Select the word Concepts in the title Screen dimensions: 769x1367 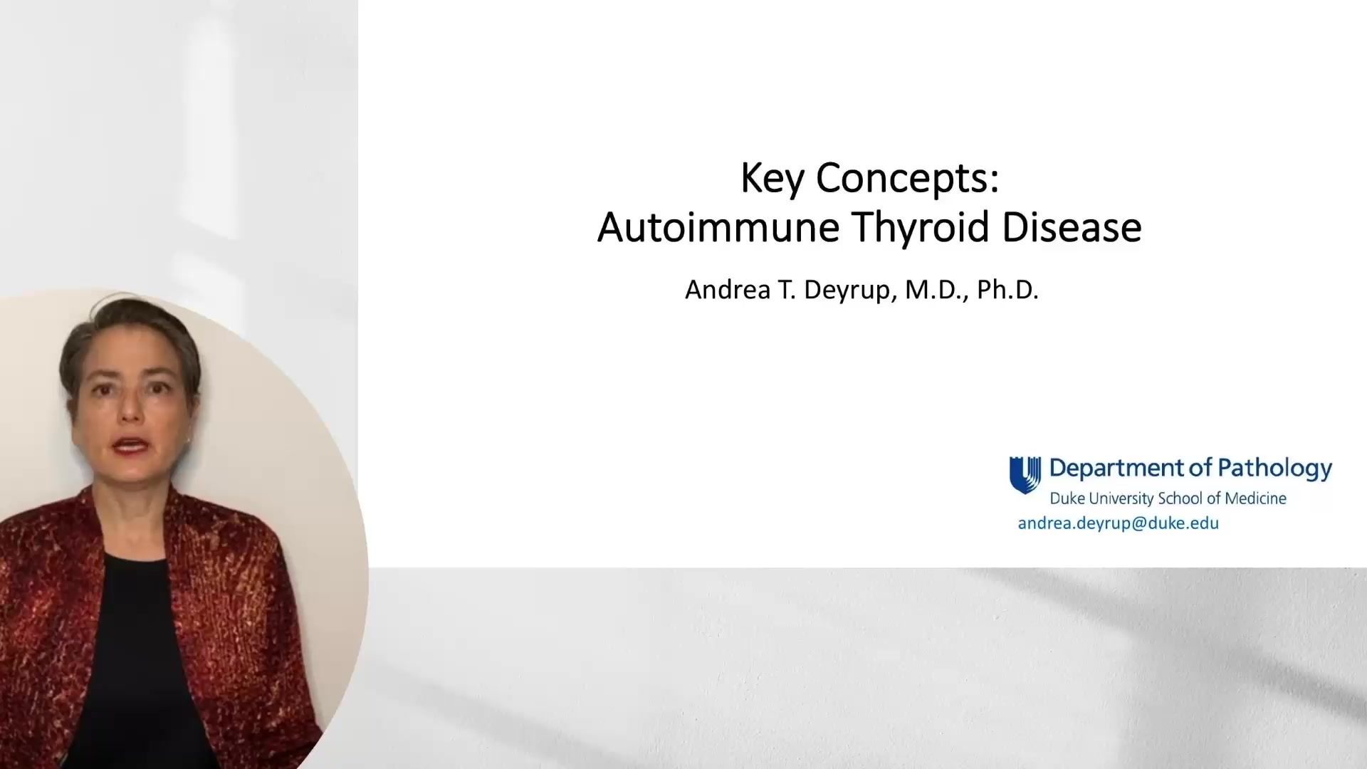907,178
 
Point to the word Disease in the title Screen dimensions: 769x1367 1072,228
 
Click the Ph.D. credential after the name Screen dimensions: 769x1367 1007,290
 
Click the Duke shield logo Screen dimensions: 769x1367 1025,475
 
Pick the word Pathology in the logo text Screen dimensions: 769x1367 1275,469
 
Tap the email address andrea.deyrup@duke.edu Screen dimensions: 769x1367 1118,523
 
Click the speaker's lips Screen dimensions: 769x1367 130,446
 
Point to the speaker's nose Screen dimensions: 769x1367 130,407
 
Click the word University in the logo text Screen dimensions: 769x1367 1121,498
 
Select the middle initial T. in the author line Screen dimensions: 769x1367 787,290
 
